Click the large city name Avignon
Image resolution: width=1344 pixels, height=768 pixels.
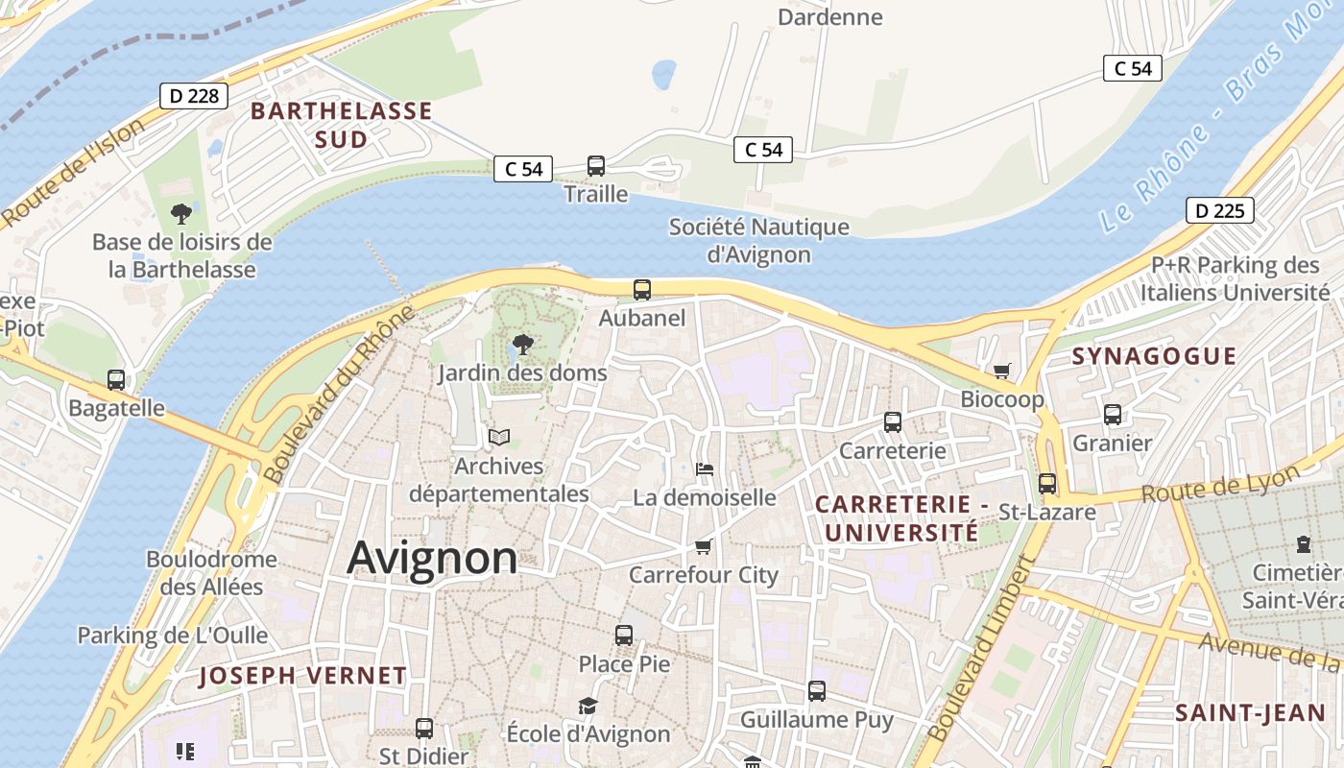pos(432,558)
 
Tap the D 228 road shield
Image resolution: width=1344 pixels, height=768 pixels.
pos(193,96)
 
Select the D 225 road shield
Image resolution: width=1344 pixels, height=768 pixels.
pos(1219,210)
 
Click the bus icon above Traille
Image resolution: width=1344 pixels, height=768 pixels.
pos(596,165)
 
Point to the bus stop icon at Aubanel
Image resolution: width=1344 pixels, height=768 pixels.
pos(642,289)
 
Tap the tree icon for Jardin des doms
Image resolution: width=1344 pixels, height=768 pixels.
pos(522,344)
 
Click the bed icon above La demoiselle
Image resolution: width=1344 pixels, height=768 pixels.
pos(705,469)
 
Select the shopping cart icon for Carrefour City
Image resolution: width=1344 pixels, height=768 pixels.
pos(704,546)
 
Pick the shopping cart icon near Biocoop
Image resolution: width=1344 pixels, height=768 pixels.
pos(1002,371)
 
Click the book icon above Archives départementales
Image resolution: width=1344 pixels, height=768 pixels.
pos(498,438)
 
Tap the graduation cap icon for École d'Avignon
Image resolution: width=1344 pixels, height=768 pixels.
pos(588,707)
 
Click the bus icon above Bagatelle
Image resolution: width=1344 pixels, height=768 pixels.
pos(116,380)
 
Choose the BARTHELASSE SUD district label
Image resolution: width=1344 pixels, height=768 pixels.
pos(342,125)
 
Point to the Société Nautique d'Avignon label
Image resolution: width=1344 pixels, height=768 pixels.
pos(758,241)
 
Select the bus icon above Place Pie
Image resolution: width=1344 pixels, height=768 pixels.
pos(624,635)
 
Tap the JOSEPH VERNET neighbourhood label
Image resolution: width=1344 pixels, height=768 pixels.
pos(302,676)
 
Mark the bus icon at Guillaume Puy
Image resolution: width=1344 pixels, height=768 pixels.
pos(817,691)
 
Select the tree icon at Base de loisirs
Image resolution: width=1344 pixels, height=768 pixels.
pos(180,213)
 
